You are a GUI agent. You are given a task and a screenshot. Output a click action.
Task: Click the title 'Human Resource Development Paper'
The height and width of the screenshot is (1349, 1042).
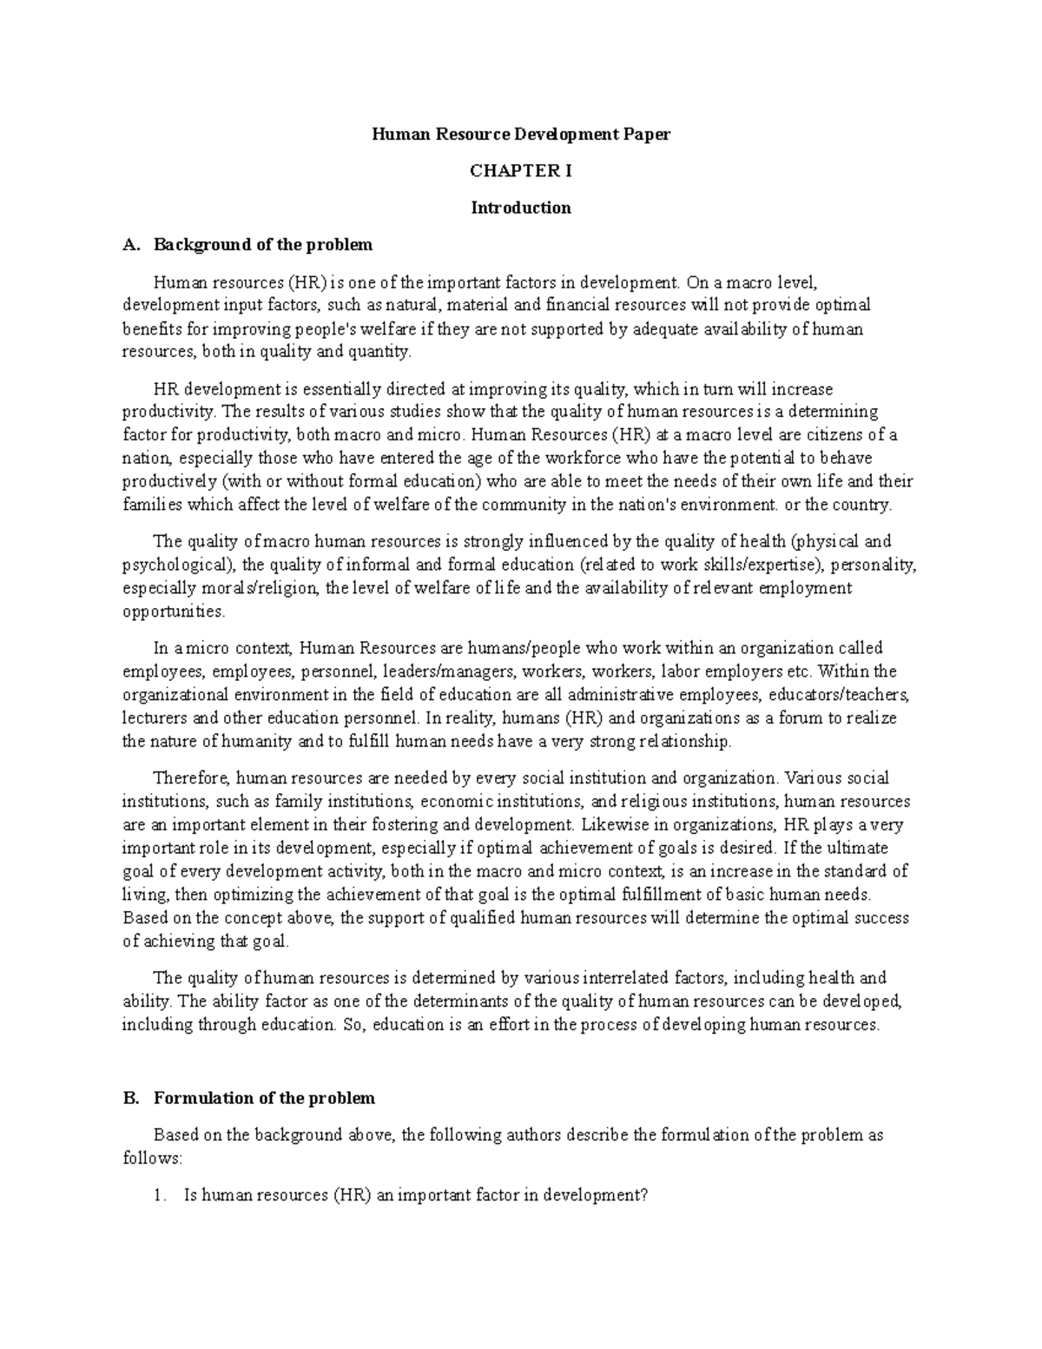click(x=521, y=135)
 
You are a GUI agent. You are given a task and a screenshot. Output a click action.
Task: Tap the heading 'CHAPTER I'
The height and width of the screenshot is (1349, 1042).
click(x=521, y=171)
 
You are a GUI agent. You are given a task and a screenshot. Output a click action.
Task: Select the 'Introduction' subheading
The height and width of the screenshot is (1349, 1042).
click(x=521, y=208)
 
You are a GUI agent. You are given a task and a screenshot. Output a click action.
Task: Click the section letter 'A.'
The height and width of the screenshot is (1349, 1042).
click(x=131, y=244)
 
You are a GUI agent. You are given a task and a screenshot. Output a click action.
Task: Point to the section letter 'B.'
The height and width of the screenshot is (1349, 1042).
click(x=131, y=1098)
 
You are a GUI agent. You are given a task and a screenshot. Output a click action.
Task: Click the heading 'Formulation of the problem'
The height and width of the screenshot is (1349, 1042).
click(x=264, y=1098)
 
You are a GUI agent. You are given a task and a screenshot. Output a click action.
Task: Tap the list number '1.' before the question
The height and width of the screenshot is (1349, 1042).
click(x=159, y=1195)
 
